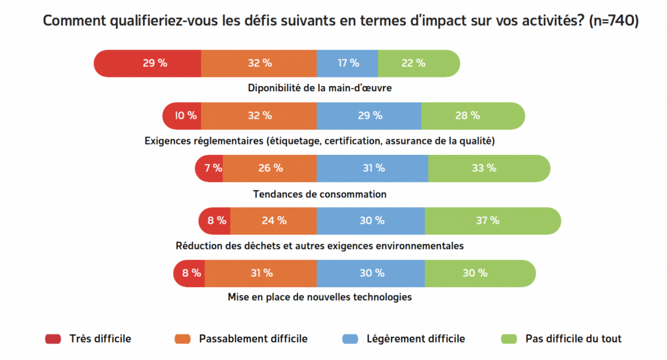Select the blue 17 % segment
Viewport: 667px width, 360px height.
347,63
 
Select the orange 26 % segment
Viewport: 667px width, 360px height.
270,168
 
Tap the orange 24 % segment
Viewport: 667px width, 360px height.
274,220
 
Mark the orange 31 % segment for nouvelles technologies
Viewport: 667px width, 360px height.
261,273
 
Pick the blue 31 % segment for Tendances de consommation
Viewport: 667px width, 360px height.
372,168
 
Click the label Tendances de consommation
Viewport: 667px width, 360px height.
319,194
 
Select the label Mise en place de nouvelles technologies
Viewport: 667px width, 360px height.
319,298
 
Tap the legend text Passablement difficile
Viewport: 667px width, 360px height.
253,339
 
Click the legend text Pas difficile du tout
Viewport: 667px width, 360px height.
573,339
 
